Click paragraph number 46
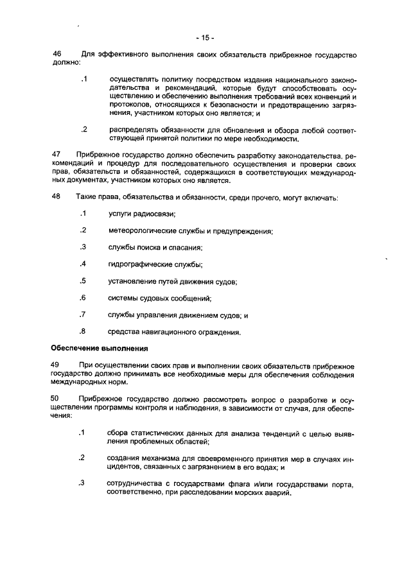[56, 55]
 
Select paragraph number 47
[56, 155]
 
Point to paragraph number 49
[56, 365]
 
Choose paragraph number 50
[56, 398]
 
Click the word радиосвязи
[153, 214]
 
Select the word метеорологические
[147, 230]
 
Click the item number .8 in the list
[82, 331]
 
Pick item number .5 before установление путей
[82, 281]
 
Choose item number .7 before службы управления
[82, 315]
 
